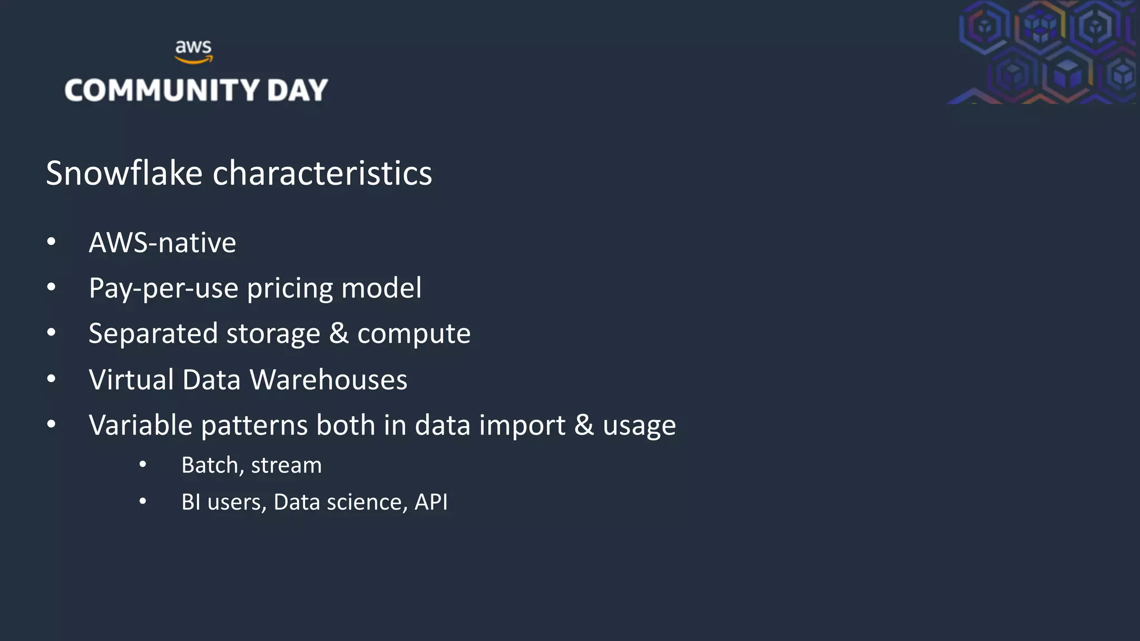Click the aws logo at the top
click(x=193, y=51)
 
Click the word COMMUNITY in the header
click(x=162, y=90)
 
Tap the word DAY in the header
click(x=297, y=90)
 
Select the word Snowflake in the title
click(x=124, y=173)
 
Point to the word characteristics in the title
click(x=322, y=173)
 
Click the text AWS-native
click(x=162, y=243)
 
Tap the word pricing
click(x=289, y=289)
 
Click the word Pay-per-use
click(x=163, y=289)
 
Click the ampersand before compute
click(x=338, y=334)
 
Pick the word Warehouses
click(x=328, y=380)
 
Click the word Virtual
click(x=131, y=380)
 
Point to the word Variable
click(x=140, y=426)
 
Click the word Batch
click(x=209, y=465)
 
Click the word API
click(x=431, y=502)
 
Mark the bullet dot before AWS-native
click(x=51, y=242)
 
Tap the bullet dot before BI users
click(x=143, y=502)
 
